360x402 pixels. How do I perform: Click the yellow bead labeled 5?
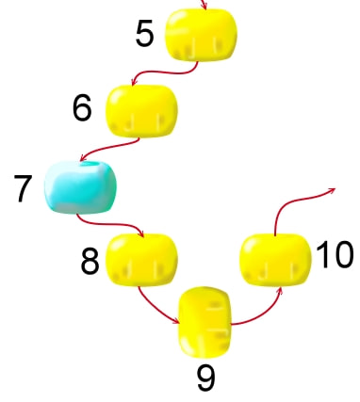201,35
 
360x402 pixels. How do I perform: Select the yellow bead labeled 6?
142,111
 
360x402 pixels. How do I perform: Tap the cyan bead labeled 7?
80,187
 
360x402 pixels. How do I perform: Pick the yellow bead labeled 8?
142,260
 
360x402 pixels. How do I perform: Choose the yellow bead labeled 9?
205,322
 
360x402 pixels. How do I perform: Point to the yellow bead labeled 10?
275,260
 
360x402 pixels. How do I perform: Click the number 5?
145,33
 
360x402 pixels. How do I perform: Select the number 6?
82,107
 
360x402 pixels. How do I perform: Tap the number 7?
23,188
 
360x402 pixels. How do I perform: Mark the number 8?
90,261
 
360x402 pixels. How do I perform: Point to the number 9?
206,378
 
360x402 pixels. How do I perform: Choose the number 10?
335,254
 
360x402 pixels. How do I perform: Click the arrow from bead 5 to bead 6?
163,72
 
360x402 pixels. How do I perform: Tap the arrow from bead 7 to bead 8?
111,224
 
